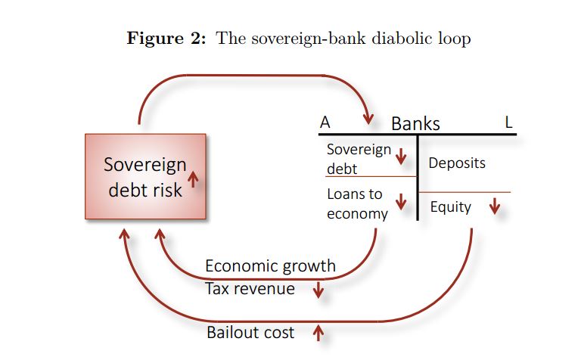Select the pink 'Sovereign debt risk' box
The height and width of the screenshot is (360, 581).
pos(145,176)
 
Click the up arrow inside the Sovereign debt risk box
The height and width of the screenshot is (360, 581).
pos(193,178)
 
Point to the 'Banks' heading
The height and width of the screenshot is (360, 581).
pos(415,124)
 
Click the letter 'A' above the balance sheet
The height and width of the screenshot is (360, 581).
pos(325,123)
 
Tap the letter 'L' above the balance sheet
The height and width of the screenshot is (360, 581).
pos(508,123)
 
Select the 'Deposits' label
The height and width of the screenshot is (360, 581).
pos(457,163)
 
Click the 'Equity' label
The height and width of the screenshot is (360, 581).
pos(450,206)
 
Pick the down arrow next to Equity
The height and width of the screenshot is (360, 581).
pos(495,206)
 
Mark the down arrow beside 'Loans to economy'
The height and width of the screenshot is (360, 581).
pos(401,203)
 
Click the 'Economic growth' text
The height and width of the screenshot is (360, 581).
pos(270,266)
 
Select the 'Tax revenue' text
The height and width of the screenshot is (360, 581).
pos(250,288)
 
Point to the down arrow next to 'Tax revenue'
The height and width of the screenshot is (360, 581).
pos(318,290)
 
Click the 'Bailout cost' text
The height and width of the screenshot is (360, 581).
pos(250,332)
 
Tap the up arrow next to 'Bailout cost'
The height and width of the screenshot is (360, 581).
pos(318,331)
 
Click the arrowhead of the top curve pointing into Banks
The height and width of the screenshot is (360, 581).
pos(368,118)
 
